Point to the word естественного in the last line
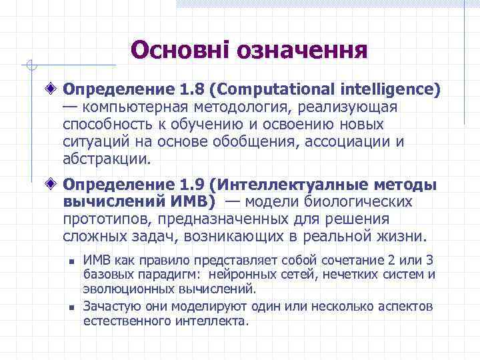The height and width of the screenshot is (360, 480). [125, 321]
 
